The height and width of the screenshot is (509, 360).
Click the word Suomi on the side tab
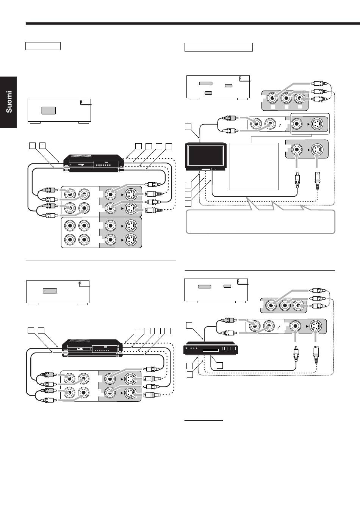9,102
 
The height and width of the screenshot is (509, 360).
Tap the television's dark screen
205,156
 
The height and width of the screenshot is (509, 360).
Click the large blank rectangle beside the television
254,166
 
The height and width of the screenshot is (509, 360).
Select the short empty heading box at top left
43,46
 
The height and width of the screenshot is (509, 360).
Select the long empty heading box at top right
219,47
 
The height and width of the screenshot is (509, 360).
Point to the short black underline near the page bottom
203,420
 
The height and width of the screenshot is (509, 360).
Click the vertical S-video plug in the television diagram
318,181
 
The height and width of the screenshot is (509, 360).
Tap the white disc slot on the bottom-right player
211,350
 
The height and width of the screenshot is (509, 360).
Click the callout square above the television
188,127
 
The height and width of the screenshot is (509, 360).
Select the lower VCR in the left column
92,348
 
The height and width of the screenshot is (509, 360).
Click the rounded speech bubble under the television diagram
260,221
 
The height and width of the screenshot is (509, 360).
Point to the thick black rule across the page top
193,23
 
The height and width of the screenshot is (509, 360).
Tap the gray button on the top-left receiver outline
49,110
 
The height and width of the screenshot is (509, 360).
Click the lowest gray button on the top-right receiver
208,93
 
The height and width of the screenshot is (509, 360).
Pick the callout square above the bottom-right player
189,325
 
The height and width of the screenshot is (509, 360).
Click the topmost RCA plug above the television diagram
319,84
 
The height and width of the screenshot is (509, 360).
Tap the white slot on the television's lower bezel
205,169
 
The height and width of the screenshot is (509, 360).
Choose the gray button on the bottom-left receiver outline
50,291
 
